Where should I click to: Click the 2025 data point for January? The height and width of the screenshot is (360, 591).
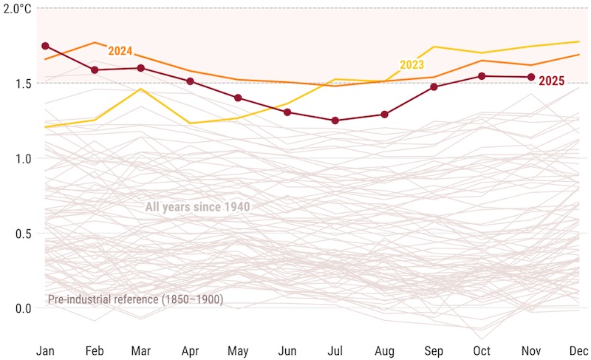click(45, 46)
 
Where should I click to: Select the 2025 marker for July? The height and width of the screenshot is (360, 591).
click(335, 120)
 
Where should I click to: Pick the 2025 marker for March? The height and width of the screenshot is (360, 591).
click(141, 68)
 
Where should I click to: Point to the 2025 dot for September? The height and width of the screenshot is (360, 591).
click(434, 87)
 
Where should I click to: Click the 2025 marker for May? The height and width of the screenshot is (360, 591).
click(238, 98)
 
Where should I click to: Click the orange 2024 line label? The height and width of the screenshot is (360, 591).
click(120, 51)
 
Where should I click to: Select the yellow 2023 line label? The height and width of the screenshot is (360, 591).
click(411, 65)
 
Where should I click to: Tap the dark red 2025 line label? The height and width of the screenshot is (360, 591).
click(552, 81)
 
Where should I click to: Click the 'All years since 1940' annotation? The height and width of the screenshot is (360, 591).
click(197, 208)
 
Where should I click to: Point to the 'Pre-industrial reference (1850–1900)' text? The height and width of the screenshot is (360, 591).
click(135, 299)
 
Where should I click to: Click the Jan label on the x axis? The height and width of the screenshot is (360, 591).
click(45, 349)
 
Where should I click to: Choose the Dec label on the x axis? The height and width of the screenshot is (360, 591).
click(578, 349)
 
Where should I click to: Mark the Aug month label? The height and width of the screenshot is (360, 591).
click(384, 349)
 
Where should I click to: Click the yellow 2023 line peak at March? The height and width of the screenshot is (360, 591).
click(141, 89)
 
